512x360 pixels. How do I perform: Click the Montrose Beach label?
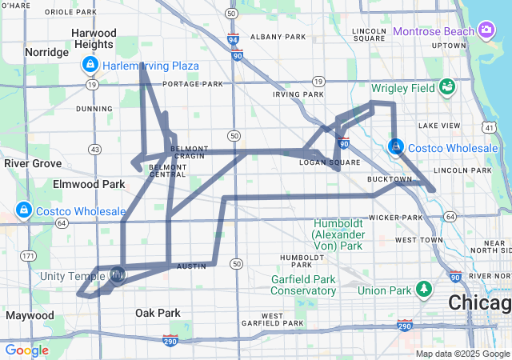coord(433,31)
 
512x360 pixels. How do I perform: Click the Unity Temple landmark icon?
coord(117,276)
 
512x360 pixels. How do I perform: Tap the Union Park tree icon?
coord(423,289)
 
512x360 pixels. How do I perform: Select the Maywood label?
coord(30,315)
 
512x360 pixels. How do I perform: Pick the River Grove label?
coord(33,163)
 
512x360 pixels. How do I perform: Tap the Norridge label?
coord(47,52)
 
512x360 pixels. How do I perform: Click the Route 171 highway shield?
coord(29,256)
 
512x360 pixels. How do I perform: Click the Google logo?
coord(27,350)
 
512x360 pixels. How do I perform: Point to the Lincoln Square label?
coord(369,36)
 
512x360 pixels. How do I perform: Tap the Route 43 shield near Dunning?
coord(95,150)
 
